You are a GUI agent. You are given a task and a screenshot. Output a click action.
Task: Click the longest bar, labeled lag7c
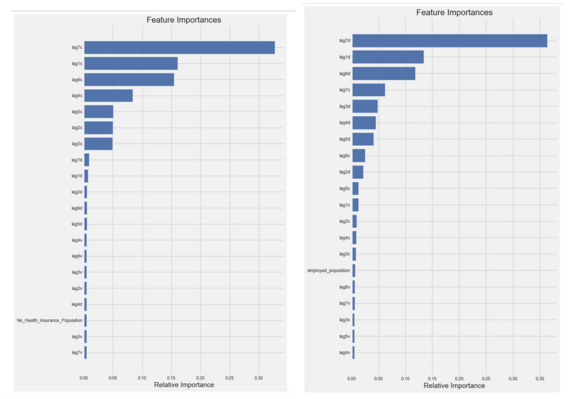pyautogui.click(x=179, y=48)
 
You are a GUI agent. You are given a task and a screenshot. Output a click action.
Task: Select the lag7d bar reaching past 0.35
pyautogui.click(x=449, y=41)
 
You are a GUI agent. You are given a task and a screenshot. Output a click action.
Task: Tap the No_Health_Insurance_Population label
pyautogui.click(x=50, y=320)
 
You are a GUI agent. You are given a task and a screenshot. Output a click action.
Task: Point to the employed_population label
pyautogui.click(x=328, y=270)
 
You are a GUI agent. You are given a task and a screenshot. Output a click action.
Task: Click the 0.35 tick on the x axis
pyautogui.click(x=540, y=378)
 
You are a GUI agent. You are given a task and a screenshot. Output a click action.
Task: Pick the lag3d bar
pyautogui.click(x=365, y=106)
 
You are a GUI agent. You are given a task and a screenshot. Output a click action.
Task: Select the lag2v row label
pyautogui.click(x=77, y=288)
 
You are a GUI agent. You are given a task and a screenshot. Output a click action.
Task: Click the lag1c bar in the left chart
pyautogui.click(x=131, y=64)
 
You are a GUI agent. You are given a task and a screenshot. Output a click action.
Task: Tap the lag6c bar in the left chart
pyautogui.click(x=129, y=80)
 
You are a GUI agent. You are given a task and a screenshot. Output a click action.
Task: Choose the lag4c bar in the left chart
pyautogui.click(x=108, y=96)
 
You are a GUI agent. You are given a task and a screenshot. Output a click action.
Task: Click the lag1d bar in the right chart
pyautogui.click(x=388, y=57)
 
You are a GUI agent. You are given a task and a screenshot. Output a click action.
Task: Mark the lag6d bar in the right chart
pyautogui.click(x=384, y=74)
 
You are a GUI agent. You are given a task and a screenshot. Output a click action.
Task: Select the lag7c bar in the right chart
pyautogui.click(x=368, y=90)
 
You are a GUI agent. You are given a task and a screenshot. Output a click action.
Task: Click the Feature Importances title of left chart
pyautogui.click(x=184, y=20)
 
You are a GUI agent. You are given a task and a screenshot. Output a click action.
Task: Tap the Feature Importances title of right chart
pyautogui.click(x=454, y=12)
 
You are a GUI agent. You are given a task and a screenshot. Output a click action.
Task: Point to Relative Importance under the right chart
pyautogui.click(x=454, y=385)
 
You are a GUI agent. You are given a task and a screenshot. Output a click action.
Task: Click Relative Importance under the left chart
pyautogui.click(x=184, y=385)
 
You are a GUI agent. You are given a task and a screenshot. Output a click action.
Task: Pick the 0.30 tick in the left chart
pyautogui.click(x=258, y=378)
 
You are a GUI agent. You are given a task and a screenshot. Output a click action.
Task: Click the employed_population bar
pyautogui.click(x=354, y=270)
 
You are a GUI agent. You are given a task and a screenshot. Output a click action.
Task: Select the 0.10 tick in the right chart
pyautogui.click(x=405, y=378)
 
